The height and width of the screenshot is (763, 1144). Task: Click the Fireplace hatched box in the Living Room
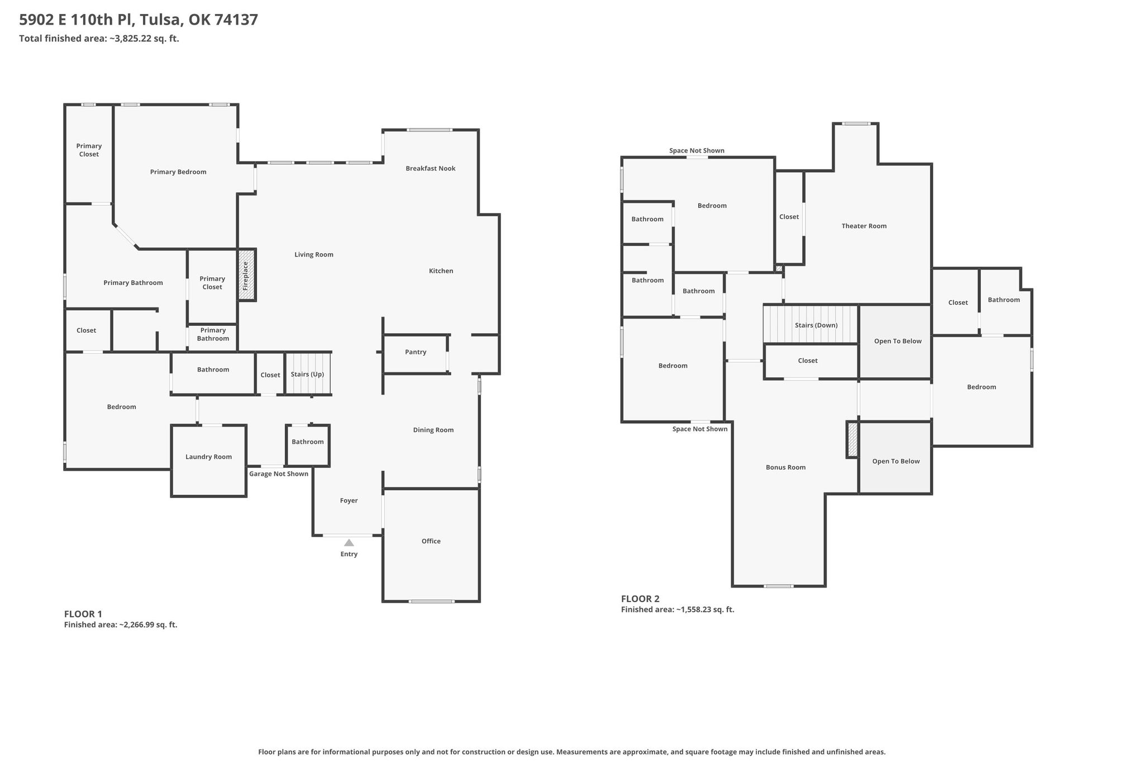click(x=247, y=275)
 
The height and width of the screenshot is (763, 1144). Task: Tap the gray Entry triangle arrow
click(x=349, y=542)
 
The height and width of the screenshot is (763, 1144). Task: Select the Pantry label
click(x=416, y=352)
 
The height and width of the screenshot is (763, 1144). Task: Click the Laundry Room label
click(x=208, y=457)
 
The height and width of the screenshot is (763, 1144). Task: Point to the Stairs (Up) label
click(x=307, y=375)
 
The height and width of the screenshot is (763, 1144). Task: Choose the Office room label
click(x=431, y=541)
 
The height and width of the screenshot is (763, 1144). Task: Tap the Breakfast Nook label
click(x=431, y=168)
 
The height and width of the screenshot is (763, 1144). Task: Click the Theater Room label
click(x=864, y=226)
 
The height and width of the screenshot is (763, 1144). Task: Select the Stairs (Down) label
click(x=816, y=325)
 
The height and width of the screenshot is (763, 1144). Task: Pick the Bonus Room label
click(x=786, y=467)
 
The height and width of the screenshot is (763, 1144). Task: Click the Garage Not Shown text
click(x=279, y=474)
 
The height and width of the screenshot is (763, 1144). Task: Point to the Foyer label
click(x=349, y=501)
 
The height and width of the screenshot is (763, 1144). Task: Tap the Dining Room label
click(x=433, y=430)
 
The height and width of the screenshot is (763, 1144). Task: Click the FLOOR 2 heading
click(x=640, y=599)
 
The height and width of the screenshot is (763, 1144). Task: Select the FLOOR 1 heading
click(x=83, y=614)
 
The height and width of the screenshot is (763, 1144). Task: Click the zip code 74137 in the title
click(x=236, y=20)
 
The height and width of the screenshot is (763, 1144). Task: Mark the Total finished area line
click(x=99, y=39)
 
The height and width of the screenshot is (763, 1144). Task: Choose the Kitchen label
click(x=441, y=271)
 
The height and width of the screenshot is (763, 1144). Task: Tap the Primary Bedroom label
click(x=178, y=172)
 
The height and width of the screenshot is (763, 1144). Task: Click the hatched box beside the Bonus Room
click(x=852, y=439)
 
